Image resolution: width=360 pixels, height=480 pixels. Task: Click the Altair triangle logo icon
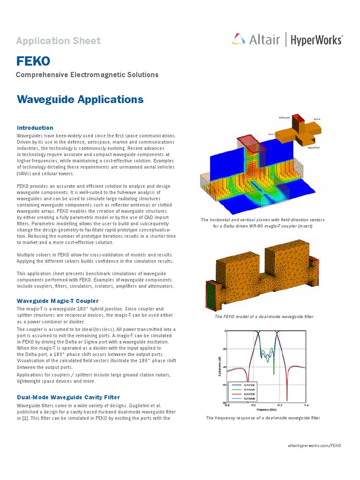[238, 39]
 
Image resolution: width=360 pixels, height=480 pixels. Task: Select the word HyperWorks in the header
[316, 40]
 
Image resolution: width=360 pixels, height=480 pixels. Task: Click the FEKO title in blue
[33, 61]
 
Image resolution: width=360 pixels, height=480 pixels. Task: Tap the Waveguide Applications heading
[80, 99]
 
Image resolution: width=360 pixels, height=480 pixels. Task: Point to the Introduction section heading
[35, 127]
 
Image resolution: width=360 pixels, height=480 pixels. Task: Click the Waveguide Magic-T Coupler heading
[58, 300]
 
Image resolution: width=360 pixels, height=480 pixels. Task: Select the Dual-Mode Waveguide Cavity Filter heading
[68, 397]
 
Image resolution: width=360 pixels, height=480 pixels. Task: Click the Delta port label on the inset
[285, 118]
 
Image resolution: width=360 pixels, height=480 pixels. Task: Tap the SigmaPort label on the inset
[314, 147]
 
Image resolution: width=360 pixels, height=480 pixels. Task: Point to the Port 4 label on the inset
[317, 120]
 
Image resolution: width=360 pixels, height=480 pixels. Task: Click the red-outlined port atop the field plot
[251, 142]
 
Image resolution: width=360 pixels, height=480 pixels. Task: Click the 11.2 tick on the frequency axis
[279, 405]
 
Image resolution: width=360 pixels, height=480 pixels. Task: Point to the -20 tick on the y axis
[224, 349]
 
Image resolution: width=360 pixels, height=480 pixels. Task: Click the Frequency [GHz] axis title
[265, 409]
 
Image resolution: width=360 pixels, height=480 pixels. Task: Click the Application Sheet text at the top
[58, 41]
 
